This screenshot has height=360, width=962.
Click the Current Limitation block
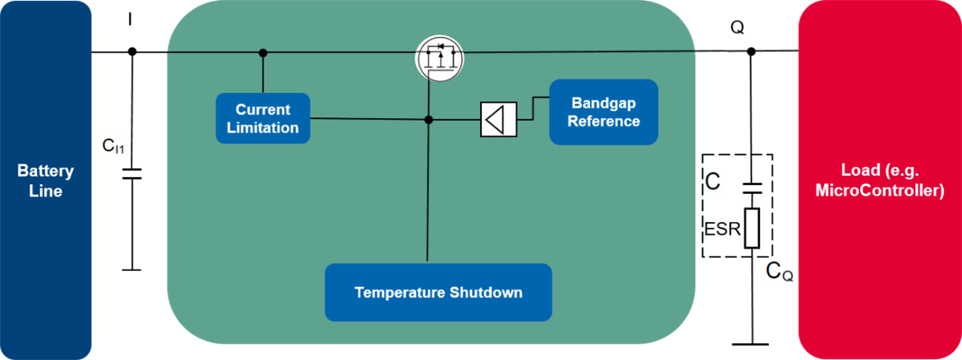click(x=263, y=119)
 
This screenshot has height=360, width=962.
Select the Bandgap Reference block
click(x=604, y=112)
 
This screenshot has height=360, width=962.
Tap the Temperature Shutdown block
click(x=439, y=293)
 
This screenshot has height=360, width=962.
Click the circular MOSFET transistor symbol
click(x=439, y=59)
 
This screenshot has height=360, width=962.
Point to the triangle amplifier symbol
click(x=498, y=119)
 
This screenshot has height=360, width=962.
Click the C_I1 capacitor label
click(x=113, y=145)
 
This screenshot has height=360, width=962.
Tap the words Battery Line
click(x=46, y=181)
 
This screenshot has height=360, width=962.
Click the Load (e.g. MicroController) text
click(x=879, y=181)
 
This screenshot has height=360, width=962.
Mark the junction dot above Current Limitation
click(x=263, y=53)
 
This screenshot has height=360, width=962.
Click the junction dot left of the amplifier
click(x=429, y=119)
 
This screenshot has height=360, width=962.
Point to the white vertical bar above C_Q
click(x=751, y=228)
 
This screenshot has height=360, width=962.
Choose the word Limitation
click(x=263, y=127)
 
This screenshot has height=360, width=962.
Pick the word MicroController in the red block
click(x=879, y=191)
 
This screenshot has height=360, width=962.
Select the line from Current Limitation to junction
click(x=369, y=119)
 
